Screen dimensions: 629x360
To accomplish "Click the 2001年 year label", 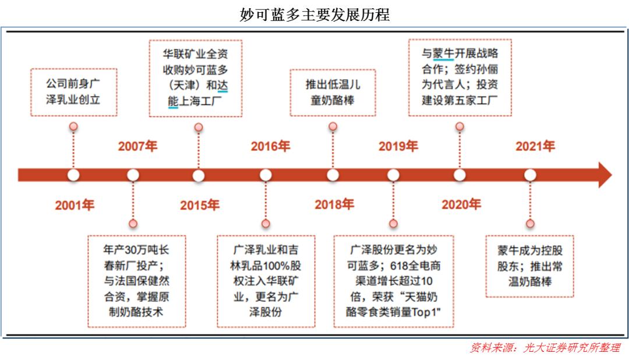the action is click(75, 205).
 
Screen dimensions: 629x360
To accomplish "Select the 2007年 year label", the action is click(137, 146).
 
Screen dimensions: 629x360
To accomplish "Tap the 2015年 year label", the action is click(199, 205).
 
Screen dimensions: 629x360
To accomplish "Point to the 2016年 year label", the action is click(270, 146).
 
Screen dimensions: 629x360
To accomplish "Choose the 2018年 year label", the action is click(334, 204).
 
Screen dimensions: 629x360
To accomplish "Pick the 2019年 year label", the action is click(398, 146).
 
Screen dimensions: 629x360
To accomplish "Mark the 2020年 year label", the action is click(461, 204).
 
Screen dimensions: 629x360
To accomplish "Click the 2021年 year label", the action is click(535, 146).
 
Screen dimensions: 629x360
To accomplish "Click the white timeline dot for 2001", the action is click(73, 175).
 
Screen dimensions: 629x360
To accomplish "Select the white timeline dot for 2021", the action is click(529, 175).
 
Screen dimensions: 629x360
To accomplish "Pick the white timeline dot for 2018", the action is click(333, 175).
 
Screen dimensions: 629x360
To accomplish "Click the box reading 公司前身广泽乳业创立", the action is click(73, 92).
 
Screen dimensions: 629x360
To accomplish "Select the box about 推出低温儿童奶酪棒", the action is click(333, 92).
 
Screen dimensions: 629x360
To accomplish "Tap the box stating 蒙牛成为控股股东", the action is click(529, 266).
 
